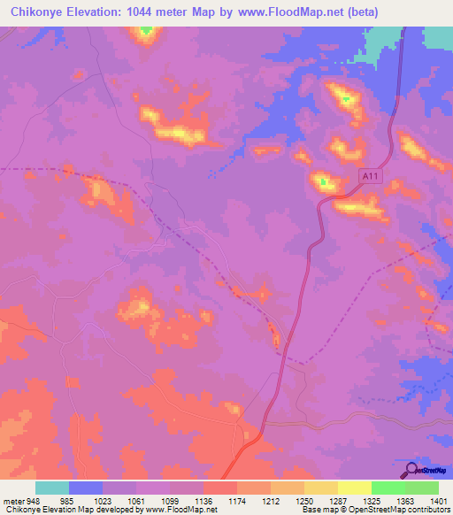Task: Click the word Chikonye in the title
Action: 40,12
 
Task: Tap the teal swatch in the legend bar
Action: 52,488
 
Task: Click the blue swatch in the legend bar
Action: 86,488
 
